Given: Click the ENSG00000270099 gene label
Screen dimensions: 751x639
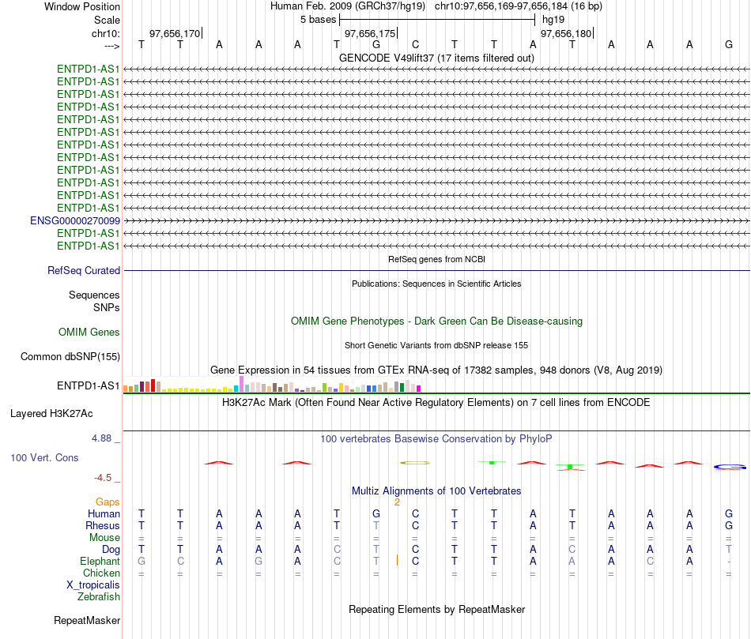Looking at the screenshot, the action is tap(75, 220).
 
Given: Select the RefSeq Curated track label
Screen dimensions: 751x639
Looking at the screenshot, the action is tap(84, 270).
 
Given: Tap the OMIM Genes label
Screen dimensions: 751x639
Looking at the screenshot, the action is tap(89, 333).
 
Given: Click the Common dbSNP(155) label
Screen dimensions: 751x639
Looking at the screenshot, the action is tap(70, 356).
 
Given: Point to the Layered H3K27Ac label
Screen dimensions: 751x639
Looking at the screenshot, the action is tap(51, 414).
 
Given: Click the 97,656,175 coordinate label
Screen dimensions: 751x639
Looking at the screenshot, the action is tap(370, 33).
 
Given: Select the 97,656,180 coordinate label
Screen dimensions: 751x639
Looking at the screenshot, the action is tap(566, 33).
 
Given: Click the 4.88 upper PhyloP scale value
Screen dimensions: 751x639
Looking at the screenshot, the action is tap(101, 438).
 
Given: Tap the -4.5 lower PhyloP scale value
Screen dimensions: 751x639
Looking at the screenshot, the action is tap(103, 478).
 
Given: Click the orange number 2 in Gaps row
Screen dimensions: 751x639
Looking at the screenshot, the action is tap(397, 502).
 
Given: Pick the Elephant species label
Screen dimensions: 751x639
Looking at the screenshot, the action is tap(100, 561).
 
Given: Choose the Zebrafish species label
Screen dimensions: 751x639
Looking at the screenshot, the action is tap(99, 597).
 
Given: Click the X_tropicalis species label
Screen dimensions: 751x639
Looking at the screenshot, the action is tap(93, 585).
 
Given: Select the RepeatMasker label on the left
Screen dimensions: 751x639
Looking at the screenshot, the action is tap(87, 620).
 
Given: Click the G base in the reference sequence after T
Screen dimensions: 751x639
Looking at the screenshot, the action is tap(376, 44).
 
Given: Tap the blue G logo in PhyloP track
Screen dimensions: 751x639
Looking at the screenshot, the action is tap(730, 467).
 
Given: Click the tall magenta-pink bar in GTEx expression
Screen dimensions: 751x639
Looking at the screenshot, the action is tap(241, 384).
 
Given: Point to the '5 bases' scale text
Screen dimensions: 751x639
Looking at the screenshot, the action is tap(318, 20).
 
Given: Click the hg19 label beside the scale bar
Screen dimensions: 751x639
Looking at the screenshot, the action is tap(553, 20).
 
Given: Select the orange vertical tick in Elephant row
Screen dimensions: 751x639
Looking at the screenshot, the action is tap(397, 560).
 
